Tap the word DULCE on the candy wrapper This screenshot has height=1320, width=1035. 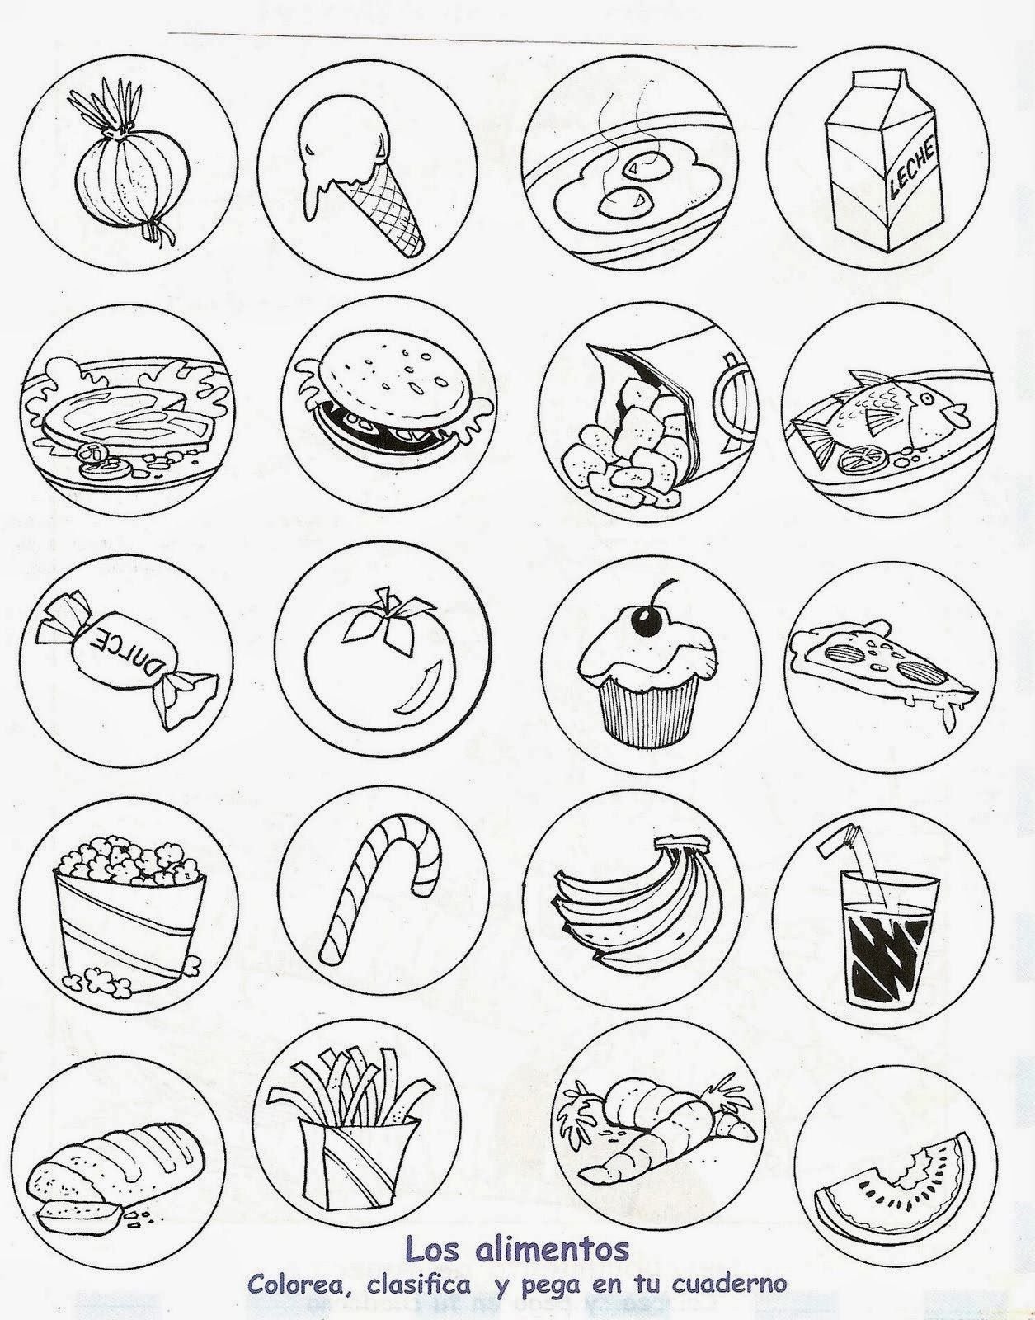tap(125, 655)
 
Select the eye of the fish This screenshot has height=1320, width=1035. tap(927, 399)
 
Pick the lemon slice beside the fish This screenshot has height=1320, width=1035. tap(854, 460)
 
